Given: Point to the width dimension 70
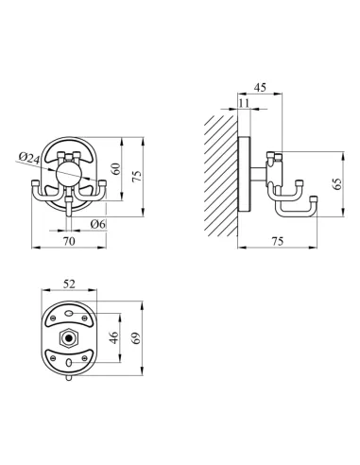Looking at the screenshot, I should [x=67, y=242].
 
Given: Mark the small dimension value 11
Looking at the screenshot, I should [x=245, y=103].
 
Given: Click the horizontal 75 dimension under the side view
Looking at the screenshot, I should [x=277, y=242].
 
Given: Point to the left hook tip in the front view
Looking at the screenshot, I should [x=34, y=185].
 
